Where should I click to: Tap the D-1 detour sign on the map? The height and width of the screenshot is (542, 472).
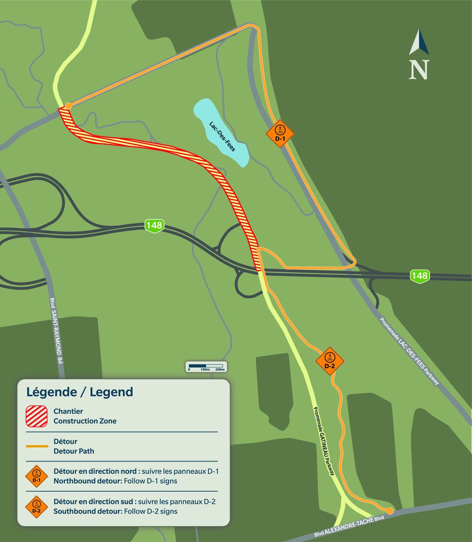pyautogui.click(x=280, y=133)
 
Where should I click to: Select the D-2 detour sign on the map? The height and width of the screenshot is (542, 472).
pyautogui.click(x=330, y=360)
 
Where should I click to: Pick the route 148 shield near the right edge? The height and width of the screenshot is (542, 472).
pyautogui.click(x=419, y=275)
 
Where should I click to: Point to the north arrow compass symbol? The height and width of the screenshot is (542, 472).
pyautogui.click(x=419, y=55)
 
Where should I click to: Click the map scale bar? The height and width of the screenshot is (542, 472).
pyautogui.click(x=206, y=366)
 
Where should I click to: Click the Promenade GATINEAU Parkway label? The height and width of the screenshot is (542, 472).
pyautogui.click(x=324, y=441)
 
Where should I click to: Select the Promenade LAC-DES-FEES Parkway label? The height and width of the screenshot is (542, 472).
pyautogui.click(x=409, y=351)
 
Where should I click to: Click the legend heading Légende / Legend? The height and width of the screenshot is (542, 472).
pyautogui.click(x=80, y=392)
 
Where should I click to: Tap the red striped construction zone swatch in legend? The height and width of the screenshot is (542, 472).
pyautogui.click(x=37, y=416)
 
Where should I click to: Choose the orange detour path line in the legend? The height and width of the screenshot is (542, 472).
pyautogui.click(x=37, y=446)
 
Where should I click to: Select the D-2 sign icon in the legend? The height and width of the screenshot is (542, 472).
pyautogui.click(x=37, y=507)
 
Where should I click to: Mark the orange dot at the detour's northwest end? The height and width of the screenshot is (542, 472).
pyautogui.click(x=68, y=106)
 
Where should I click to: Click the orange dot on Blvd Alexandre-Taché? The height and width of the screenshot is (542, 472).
pyautogui.click(x=389, y=511)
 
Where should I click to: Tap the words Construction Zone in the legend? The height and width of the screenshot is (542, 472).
pyautogui.click(x=85, y=421)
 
